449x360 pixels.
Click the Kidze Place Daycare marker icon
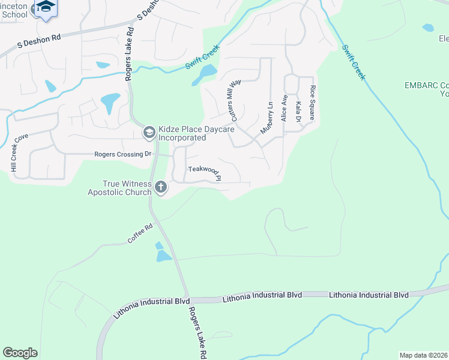click(149, 132)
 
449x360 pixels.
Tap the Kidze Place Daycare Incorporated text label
click(182, 133)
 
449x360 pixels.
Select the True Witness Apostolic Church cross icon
click(160, 188)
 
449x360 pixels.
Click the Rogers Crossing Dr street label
click(122, 155)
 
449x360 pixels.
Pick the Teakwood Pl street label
click(205, 173)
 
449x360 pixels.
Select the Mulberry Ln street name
click(267, 117)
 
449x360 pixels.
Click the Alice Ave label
click(285, 107)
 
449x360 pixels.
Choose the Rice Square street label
click(312, 102)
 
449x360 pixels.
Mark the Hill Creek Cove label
click(20, 153)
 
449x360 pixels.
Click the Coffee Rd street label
click(140, 233)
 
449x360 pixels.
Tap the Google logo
click(20, 353)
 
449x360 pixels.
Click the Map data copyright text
click(424, 355)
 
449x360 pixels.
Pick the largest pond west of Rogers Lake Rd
click(110, 103)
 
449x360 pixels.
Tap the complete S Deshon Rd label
click(40, 40)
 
